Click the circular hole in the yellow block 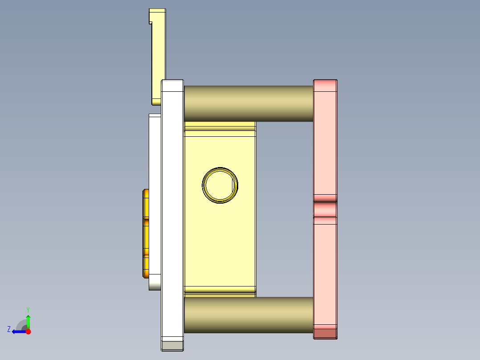tap(220, 185)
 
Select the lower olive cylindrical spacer tap(248, 315)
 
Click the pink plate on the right tap(325, 143)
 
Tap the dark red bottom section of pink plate tap(325, 332)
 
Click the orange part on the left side tap(146, 233)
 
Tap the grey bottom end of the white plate tap(172, 345)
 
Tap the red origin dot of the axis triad tap(28, 331)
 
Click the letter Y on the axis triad tap(28, 309)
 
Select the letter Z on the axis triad tap(9, 329)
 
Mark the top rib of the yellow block tap(220, 129)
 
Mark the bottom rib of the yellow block tap(220, 291)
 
